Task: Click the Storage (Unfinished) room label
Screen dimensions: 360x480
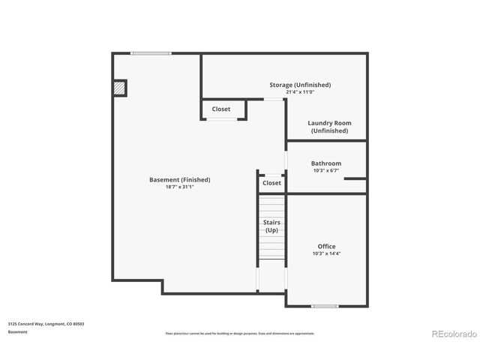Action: (x=300, y=85)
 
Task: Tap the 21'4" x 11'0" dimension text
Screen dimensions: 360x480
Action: (x=300, y=92)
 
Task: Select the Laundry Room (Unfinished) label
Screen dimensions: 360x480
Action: (x=329, y=127)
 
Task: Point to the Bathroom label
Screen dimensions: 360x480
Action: (x=326, y=163)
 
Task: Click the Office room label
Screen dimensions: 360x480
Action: (x=326, y=246)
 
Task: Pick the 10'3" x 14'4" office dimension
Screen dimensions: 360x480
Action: (x=326, y=253)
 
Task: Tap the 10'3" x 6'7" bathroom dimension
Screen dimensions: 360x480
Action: (x=326, y=171)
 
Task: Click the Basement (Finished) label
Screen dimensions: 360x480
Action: (x=179, y=179)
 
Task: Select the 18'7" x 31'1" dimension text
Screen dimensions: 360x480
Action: (x=179, y=187)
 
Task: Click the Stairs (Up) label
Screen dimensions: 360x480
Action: (x=271, y=226)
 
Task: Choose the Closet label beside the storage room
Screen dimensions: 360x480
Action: (x=220, y=109)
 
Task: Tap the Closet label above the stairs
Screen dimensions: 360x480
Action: (x=271, y=183)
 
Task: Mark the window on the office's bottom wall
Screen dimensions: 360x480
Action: (x=324, y=306)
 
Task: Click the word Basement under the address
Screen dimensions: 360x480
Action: (x=18, y=331)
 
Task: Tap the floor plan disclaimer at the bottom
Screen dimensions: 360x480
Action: (x=240, y=333)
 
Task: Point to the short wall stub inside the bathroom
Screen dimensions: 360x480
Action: (x=355, y=178)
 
